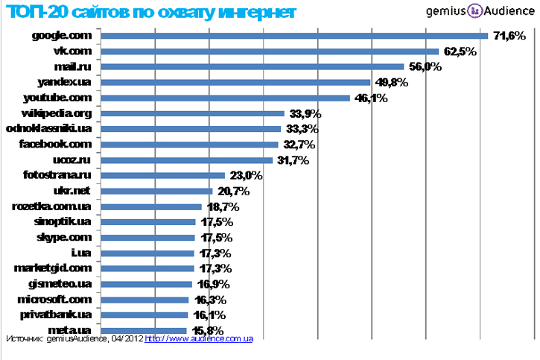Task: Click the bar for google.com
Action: (x=294, y=36)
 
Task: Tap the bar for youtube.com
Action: (x=225, y=98)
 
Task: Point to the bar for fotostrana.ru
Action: (x=162, y=175)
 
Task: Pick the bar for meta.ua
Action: (x=143, y=330)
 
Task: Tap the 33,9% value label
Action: (x=305, y=113)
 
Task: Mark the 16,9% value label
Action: (x=211, y=284)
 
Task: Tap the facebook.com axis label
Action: (x=55, y=144)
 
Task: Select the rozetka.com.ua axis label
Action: (x=51, y=206)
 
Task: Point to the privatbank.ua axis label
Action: (x=55, y=315)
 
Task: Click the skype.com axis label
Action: (x=63, y=237)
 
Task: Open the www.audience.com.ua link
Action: (x=199, y=339)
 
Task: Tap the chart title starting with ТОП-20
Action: (x=150, y=13)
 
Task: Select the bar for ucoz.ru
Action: (x=186, y=160)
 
